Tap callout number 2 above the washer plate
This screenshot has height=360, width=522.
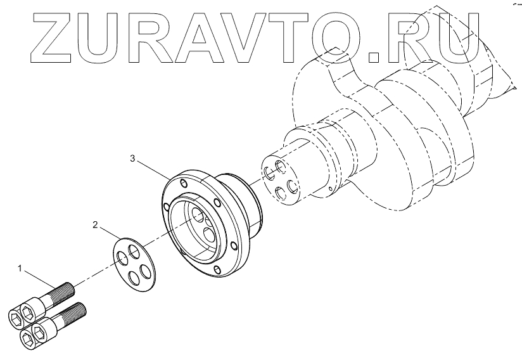tap(95, 224)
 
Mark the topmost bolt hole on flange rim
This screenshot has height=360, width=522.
tap(184, 184)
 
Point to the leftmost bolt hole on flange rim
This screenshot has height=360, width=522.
tap(165, 207)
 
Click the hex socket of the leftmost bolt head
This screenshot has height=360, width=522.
tap(15, 316)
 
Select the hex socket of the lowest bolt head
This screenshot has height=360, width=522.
tap(27, 338)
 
